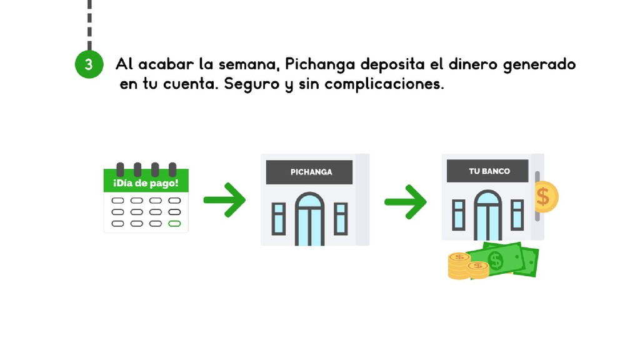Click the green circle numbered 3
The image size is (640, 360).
[x=89, y=64]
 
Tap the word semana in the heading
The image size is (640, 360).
[x=250, y=65]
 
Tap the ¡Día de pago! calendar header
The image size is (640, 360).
[x=146, y=183]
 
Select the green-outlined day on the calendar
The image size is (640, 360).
[x=175, y=223]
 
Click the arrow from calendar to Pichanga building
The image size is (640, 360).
[x=224, y=200]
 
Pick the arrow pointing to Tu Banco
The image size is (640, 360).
[x=405, y=200]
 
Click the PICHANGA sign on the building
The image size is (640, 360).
[x=311, y=172]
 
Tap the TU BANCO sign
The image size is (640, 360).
[x=489, y=171]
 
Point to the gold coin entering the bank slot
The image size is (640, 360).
[x=546, y=196]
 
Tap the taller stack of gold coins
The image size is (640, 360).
[x=459, y=265]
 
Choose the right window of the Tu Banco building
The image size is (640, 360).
[x=517, y=214]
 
